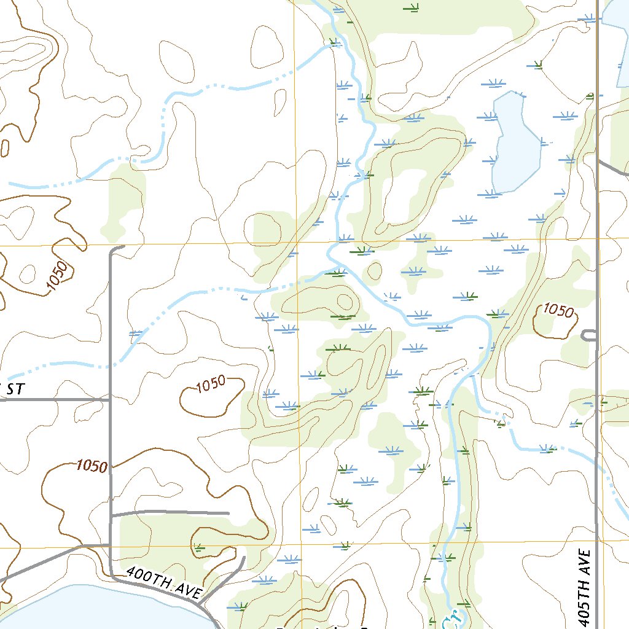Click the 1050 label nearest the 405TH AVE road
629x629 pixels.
click(558, 311)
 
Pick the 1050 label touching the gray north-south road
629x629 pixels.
click(92, 466)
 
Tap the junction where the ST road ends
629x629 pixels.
click(111, 399)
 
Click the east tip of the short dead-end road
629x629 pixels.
click(228, 512)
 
